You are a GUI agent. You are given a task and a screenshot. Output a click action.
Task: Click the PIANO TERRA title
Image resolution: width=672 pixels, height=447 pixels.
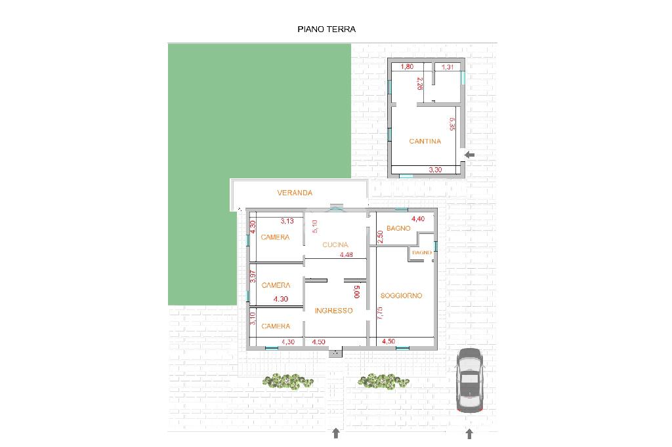pos(327,29)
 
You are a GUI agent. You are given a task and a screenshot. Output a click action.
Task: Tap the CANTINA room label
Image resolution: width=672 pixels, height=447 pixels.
pos(425,142)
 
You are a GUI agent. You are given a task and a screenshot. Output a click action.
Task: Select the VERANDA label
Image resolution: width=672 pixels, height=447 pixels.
pos(295,193)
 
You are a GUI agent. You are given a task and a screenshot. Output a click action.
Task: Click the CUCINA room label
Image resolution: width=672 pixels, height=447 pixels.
pos(335,245)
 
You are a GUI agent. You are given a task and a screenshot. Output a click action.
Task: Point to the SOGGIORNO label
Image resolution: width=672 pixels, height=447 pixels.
pos(401,296)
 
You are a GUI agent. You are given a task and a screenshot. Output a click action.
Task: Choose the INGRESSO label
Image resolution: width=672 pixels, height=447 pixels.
pos(333,311)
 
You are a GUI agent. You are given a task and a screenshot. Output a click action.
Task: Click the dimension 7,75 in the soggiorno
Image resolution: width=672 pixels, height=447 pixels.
pos(380,313)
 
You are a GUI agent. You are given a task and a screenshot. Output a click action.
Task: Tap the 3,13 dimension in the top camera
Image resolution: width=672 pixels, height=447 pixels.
pos(287,221)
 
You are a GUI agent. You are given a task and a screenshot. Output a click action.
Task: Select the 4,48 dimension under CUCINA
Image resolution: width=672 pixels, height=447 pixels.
pos(346,255)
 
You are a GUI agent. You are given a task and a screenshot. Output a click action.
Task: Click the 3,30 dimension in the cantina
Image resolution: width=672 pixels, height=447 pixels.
pos(435,170)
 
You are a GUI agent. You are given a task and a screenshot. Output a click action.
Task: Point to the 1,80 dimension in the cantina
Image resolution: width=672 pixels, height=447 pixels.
pos(407,66)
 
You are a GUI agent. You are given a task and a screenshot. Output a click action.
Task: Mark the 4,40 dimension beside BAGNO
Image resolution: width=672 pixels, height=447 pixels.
pos(418,219)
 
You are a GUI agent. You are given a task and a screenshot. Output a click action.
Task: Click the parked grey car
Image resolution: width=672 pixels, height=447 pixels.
pos(470,380)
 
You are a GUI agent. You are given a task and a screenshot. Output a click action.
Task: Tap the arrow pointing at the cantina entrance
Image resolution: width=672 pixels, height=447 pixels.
pos(470,155)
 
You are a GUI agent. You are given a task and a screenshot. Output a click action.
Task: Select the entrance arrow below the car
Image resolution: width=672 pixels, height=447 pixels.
pos(469,434)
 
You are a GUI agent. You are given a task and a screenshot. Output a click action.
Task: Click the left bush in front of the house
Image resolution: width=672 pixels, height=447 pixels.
pos(288,381)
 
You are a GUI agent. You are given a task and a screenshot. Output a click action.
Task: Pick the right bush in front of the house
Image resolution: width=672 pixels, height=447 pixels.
pos(383,381)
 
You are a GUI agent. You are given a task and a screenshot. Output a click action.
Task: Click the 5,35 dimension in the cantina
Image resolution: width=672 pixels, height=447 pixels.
pos(452,124)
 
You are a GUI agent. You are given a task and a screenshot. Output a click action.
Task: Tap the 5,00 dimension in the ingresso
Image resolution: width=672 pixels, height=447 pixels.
pos(357,292)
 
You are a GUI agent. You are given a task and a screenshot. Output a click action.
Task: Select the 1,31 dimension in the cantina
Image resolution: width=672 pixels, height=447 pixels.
pos(448,67)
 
